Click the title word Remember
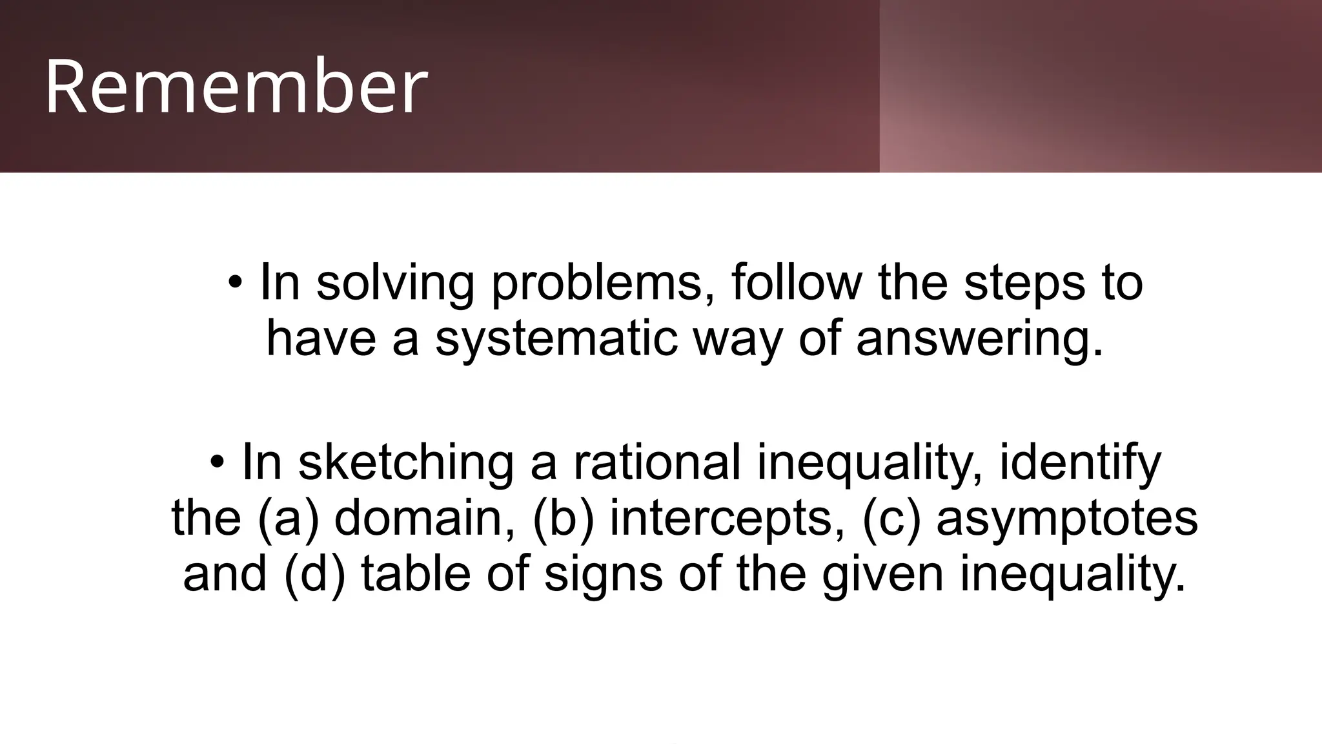click(236, 87)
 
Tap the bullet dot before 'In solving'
click(236, 282)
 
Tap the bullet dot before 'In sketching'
click(218, 462)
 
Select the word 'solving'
click(395, 282)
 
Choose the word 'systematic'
click(556, 338)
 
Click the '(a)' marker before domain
click(289, 518)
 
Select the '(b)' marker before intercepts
click(564, 518)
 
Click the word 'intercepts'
click(727, 518)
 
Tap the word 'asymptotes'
click(1067, 518)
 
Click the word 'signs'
click(604, 573)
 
